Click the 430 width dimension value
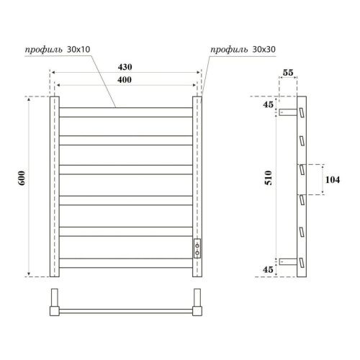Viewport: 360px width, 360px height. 125,66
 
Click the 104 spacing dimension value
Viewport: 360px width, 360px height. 333,180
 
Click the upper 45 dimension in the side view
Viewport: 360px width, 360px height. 268,105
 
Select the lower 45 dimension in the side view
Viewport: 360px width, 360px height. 268,269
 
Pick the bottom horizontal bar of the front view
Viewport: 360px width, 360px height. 125,261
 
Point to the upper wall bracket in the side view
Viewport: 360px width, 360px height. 287,113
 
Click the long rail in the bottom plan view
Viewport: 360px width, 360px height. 125,310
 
